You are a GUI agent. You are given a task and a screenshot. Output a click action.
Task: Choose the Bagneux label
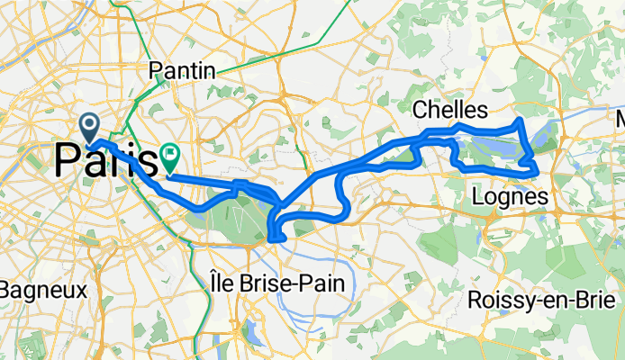[41, 291]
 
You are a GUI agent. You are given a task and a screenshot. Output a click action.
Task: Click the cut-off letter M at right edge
[620, 120]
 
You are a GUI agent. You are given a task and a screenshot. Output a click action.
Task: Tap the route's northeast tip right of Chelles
[520, 120]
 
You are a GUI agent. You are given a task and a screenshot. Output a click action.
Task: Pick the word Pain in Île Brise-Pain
[322, 283]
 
